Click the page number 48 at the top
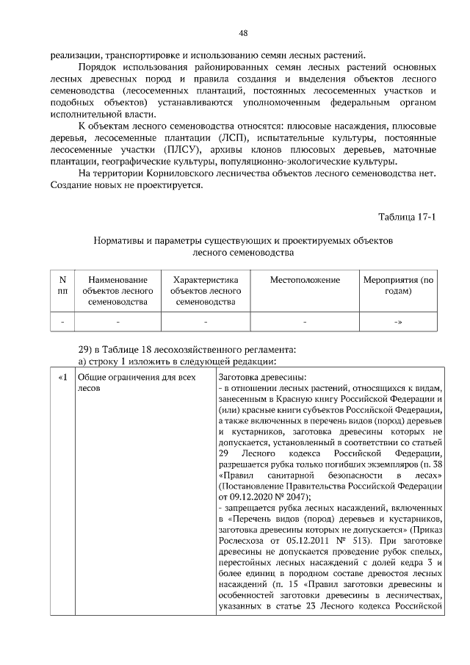[x=242, y=33]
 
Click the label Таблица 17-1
[x=408, y=217]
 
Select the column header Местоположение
[x=305, y=280]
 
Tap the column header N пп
[x=62, y=285]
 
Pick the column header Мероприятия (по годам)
[x=398, y=285]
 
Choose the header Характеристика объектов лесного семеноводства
[x=206, y=290]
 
